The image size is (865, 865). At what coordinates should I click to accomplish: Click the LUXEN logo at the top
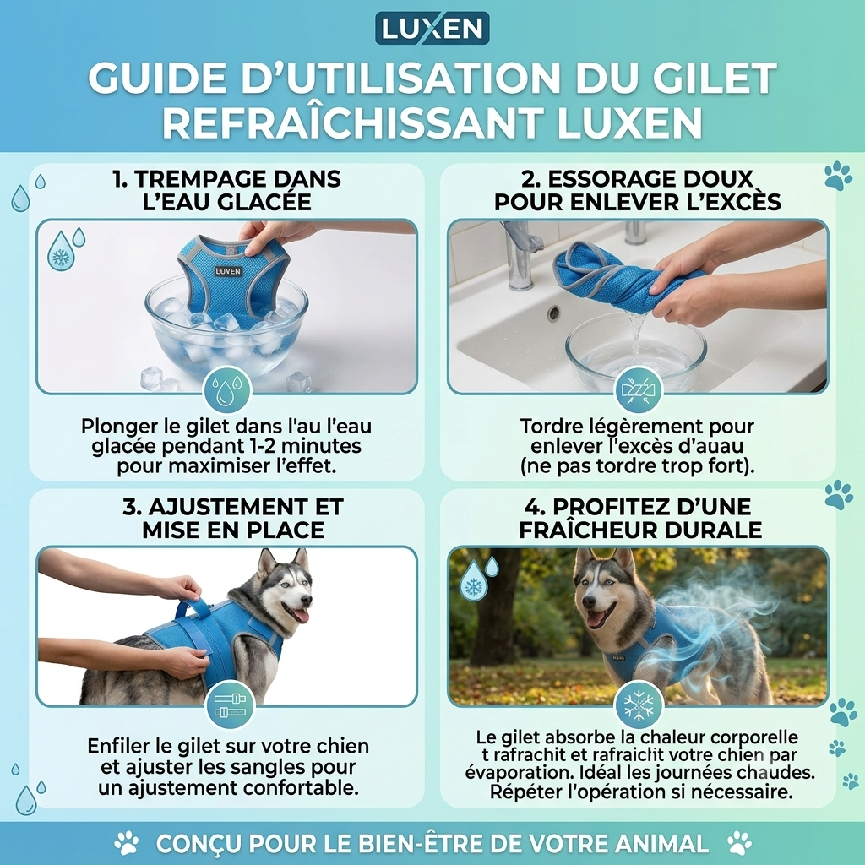[x=432, y=28]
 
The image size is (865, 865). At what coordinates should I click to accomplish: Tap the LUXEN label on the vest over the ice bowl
[x=228, y=271]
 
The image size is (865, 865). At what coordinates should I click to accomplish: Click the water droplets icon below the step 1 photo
[x=228, y=389]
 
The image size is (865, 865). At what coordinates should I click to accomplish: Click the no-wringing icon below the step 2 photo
[x=639, y=389]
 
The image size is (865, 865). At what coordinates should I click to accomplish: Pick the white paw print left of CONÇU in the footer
[x=127, y=843]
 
